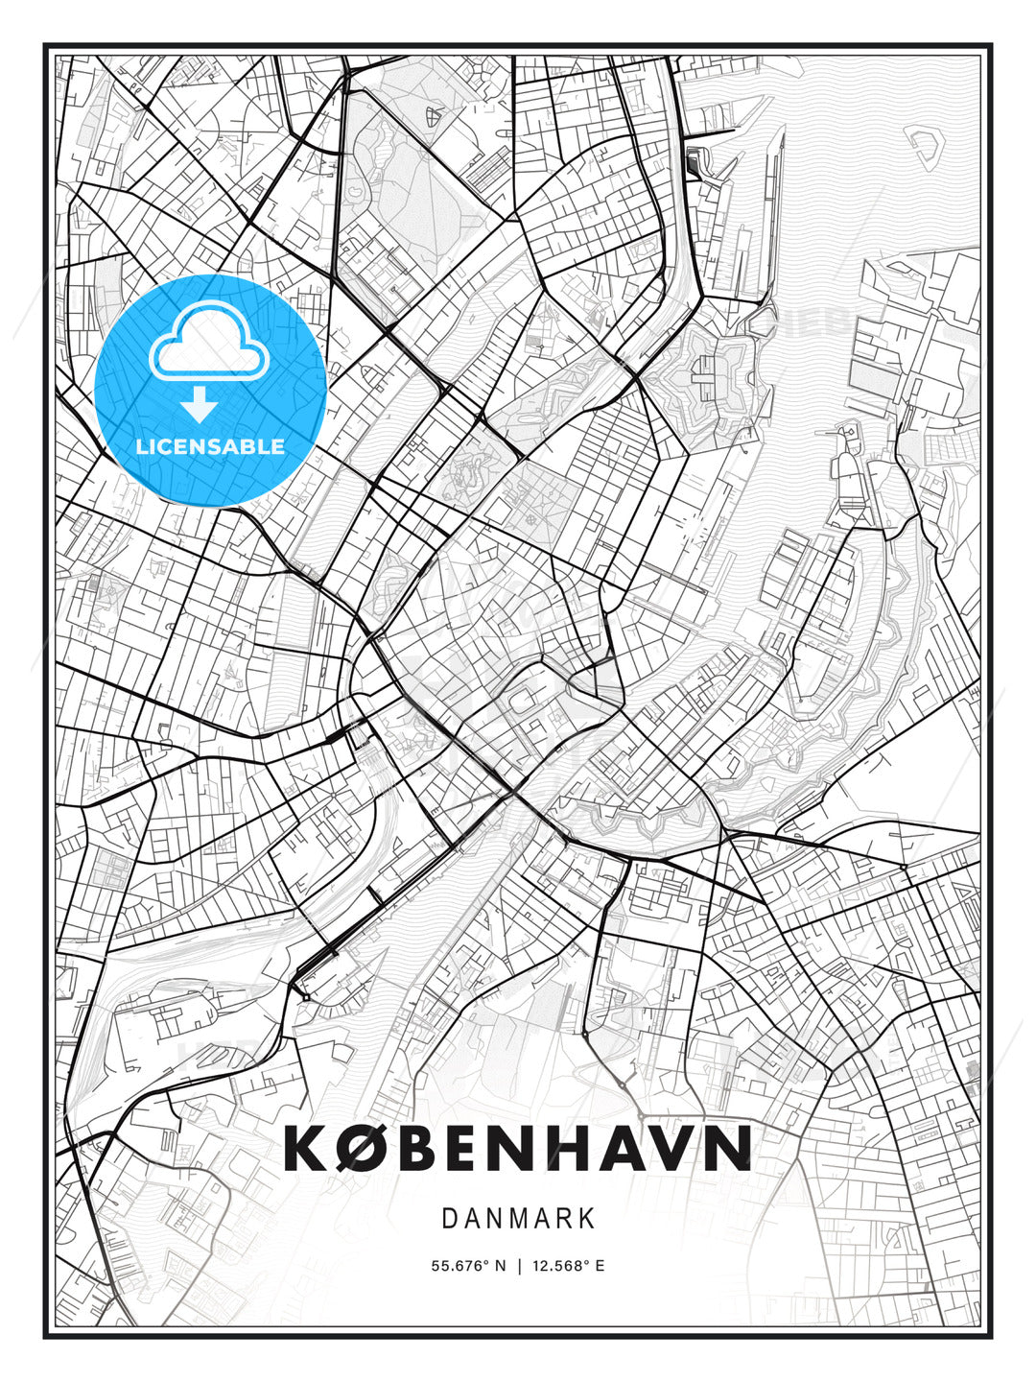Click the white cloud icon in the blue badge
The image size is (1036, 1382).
208,343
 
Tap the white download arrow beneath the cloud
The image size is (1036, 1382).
200,406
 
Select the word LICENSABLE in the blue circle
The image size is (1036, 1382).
210,446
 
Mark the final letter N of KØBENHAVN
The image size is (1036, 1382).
727,1148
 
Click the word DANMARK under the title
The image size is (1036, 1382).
518,1219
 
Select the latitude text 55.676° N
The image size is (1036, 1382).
468,1266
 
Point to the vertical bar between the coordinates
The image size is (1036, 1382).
519,1266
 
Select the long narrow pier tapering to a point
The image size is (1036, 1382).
775,211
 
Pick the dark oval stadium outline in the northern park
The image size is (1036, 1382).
435,117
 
